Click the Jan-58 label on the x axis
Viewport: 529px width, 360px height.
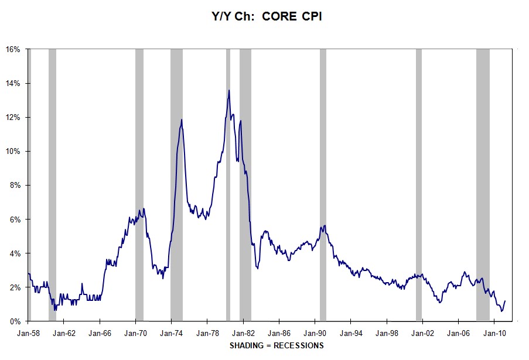[x=28, y=333]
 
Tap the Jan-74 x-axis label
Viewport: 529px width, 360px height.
[x=171, y=333]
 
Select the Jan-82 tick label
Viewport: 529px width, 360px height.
[x=243, y=333]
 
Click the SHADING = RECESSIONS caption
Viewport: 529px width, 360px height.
[x=277, y=345]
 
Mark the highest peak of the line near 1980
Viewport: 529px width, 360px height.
[x=228, y=90]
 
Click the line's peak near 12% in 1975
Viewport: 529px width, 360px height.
[x=182, y=120]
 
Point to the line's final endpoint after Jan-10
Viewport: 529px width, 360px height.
[x=505, y=301]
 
